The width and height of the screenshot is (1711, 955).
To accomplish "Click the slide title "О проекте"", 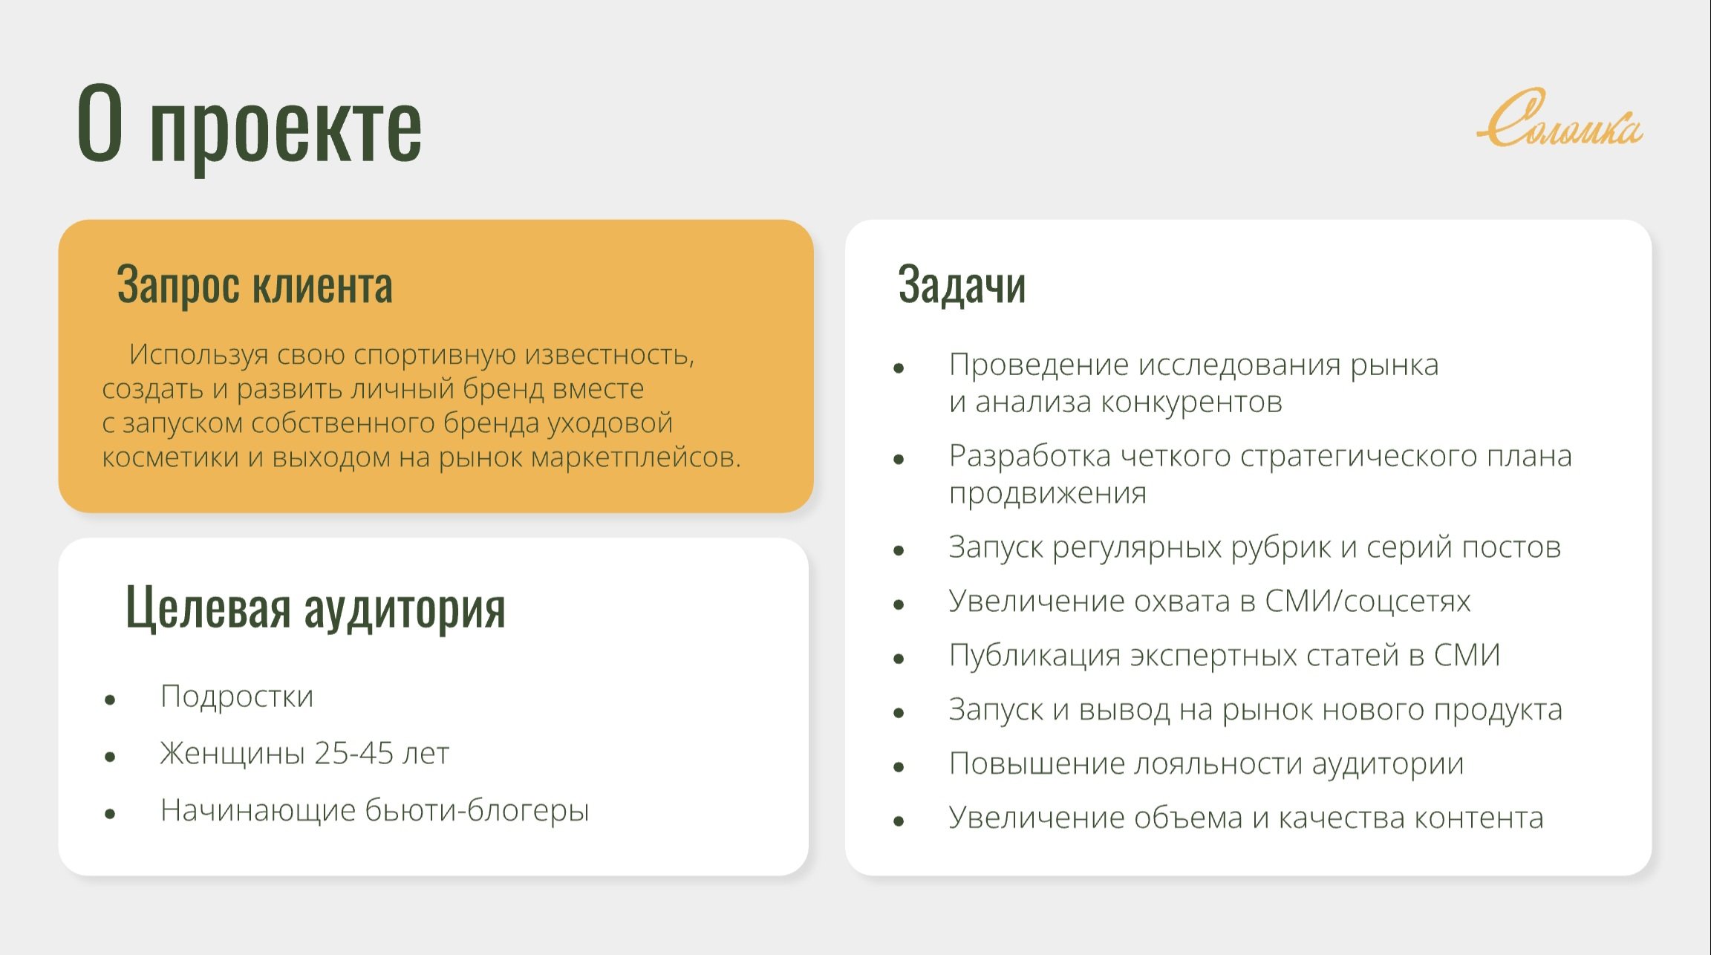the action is [250, 125].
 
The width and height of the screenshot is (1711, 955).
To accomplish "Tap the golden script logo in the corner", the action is [1560, 119].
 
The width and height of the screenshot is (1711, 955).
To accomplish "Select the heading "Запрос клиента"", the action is [255, 284].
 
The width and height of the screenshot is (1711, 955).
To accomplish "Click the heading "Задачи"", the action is [962, 284].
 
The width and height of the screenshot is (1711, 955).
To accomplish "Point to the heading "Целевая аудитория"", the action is [316, 607].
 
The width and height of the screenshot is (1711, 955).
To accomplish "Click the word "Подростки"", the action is [237, 697].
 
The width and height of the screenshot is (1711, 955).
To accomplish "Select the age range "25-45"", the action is [353, 753].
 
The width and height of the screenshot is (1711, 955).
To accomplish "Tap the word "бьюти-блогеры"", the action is [478, 810].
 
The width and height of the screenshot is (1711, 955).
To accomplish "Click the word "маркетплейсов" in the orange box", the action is [636, 457].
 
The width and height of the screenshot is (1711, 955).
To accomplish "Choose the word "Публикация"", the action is [1034, 656].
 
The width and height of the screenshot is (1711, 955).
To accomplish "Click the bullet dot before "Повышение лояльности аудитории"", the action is [899, 767].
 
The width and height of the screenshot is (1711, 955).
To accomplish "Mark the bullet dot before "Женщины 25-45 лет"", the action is [110, 757].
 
